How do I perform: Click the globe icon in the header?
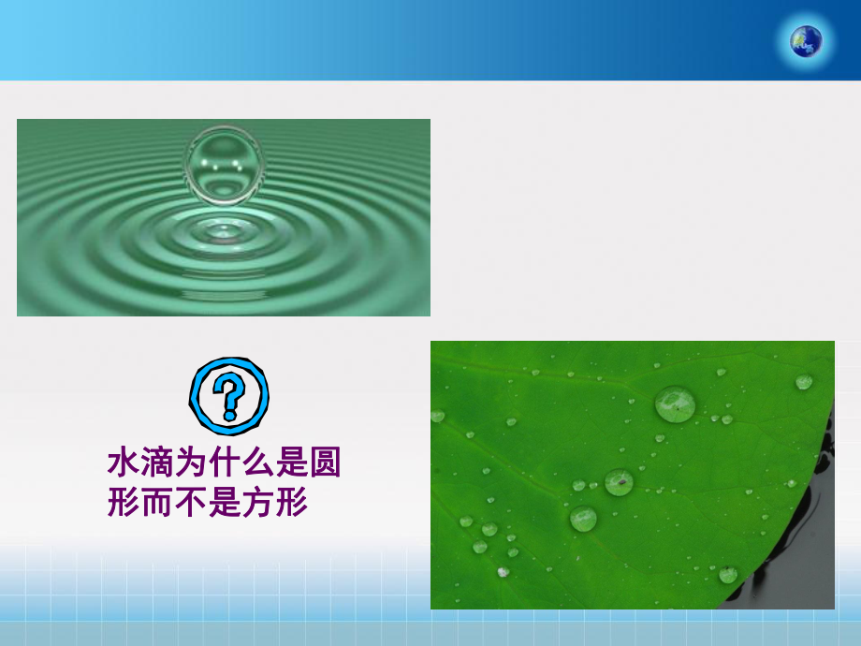[x=806, y=40]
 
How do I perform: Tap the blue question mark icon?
[x=228, y=395]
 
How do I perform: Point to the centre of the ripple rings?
[x=223, y=229]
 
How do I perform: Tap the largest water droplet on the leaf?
[x=675, y=404]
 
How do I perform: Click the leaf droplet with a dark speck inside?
[x=619, y=482]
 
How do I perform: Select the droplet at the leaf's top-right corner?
[x=804, y=381]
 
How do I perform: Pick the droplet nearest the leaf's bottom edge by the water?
[x=727, y=574]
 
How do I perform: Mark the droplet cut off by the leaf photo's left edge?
[x=436, y=415]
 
